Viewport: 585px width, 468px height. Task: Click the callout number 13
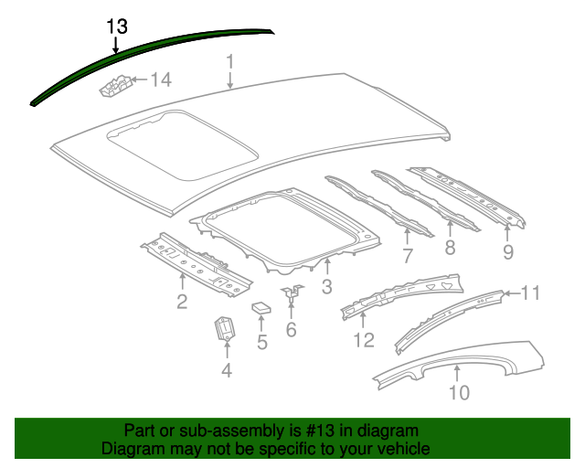tap(116, 26)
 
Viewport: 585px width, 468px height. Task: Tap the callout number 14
tap(160, 80)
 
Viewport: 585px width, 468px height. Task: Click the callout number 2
tap(182, 302)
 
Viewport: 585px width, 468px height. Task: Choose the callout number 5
tap(261, 343)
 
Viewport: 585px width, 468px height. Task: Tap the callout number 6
tap(291, 329)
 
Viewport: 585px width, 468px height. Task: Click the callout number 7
tap(408, 256)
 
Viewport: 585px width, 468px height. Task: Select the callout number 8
tap(450, 249)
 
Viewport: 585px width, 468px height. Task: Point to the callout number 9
tap(508, 251)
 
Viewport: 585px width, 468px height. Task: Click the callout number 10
tap(459, 393)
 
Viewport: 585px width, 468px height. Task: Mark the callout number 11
tap(531, 292)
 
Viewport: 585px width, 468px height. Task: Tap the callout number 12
tap(364, 340)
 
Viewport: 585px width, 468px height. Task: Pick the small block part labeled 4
tap(223, 327)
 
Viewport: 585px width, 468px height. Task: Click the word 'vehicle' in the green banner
tap(403, 450)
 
